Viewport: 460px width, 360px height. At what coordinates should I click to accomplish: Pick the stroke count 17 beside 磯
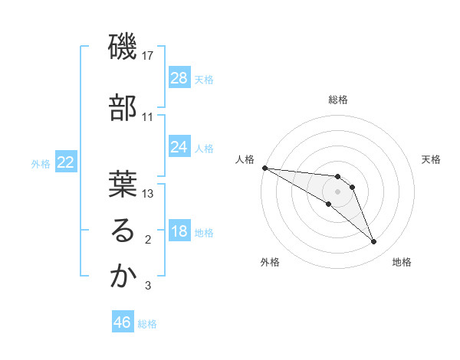[149, 57]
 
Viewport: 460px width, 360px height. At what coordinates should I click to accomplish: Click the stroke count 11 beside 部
[149, 116]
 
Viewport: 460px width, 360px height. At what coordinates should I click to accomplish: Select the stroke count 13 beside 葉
[149, 194]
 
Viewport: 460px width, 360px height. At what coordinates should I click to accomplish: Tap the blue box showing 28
[179, 77]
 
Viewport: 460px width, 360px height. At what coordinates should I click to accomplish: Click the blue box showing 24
[179, 147]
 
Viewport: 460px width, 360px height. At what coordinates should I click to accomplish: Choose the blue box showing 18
[179, 231]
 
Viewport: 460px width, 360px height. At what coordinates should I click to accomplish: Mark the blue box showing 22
[66, 162]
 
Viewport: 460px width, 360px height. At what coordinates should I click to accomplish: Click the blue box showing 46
[123, 322]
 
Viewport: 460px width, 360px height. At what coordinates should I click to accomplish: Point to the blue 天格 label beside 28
[204, 79]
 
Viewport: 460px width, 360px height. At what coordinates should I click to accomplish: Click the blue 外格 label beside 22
[41, 164]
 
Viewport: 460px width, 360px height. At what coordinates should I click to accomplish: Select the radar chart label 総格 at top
[338, 100]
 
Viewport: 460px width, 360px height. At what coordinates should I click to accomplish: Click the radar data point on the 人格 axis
[264, 168]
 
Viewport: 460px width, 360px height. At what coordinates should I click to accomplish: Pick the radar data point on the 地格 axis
[373, 242]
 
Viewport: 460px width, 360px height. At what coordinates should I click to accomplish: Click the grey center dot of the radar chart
[338, 191]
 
